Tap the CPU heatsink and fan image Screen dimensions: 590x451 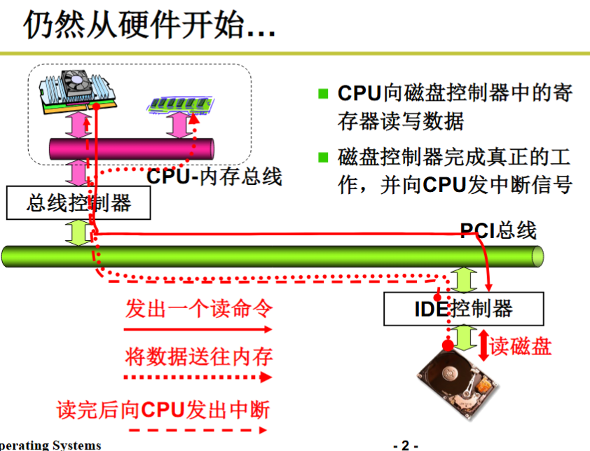coord(78,92)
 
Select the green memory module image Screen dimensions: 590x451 coord(181,104)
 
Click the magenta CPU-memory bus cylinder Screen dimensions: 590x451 coord(132,148)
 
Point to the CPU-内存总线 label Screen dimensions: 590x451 coord(214,176)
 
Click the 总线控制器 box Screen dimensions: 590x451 coord(78,203)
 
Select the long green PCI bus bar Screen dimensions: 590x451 coord(273,256)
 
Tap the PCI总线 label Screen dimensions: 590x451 coord(498,230)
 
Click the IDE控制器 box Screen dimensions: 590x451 coord(464,309)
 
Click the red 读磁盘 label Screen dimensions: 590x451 coord(521,346)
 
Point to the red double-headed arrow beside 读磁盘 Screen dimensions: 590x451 coord(483,345)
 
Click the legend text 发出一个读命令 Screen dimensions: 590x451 coord(199,308)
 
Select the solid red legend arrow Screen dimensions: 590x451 coord(198,330)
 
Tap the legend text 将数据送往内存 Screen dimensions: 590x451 coord(199,356)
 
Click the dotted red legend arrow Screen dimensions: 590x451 coord(198,377)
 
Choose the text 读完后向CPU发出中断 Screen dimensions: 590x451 coord(163,410)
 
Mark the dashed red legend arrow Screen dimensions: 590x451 coord(198,430)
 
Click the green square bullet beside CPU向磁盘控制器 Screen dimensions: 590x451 coord(323,93)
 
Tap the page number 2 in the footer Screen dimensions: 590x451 coord(405,445)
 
